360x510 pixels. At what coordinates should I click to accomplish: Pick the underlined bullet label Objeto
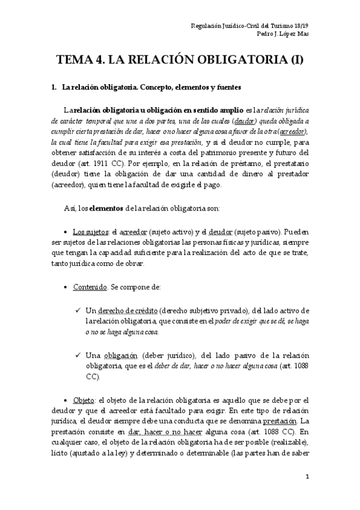84,400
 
